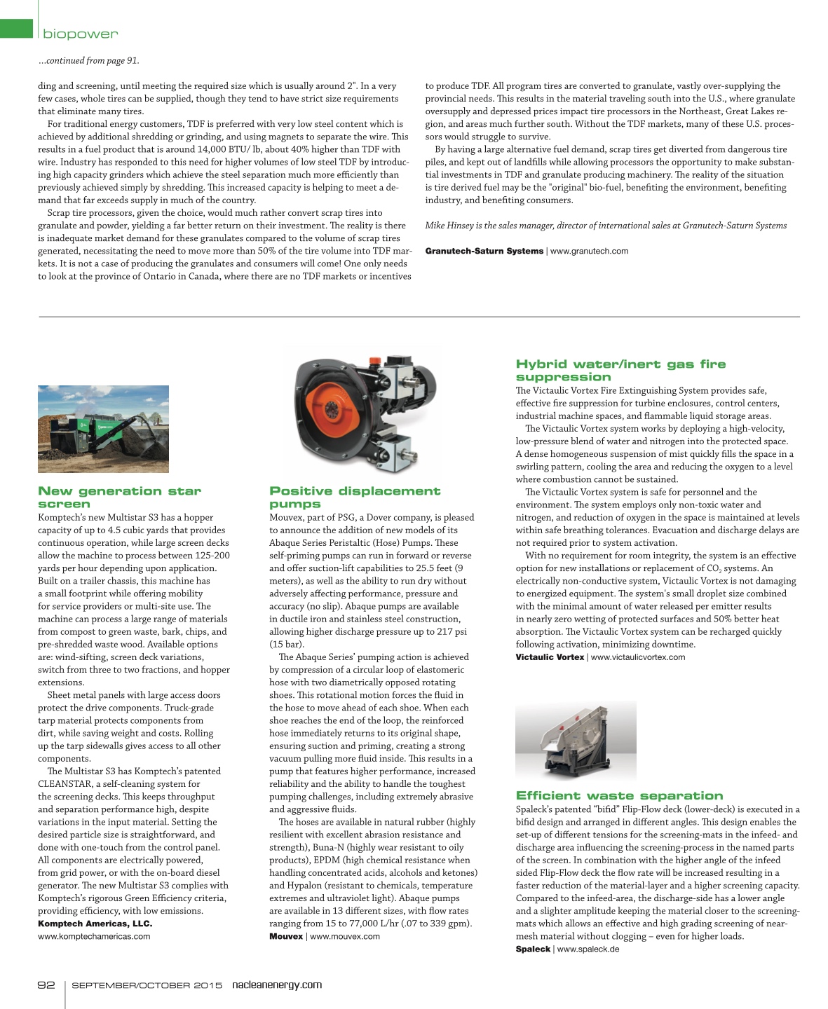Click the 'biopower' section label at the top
[x=81, y=34]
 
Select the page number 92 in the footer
[x=46, y=984]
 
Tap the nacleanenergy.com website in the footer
[x=277, y=984]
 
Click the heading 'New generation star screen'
[x=119, y=497]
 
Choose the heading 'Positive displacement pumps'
[x=355, y=497]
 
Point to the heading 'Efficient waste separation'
[x=619, y=795]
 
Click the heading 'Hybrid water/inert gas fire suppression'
[x=620, y=370]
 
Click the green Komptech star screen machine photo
[x=103, y=428]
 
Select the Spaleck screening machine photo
[x=576, y=741]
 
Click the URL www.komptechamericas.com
[x=94, y=936]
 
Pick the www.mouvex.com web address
[x=345, y=936]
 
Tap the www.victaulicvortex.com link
[x=638, y=657]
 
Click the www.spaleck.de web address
[x=588, y=949]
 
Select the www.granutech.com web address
[x=589, y=251]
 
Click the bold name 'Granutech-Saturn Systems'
[x=484, y=251]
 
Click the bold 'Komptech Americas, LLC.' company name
[x=95, y=924]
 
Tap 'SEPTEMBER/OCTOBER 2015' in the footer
[x=147, y=985]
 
